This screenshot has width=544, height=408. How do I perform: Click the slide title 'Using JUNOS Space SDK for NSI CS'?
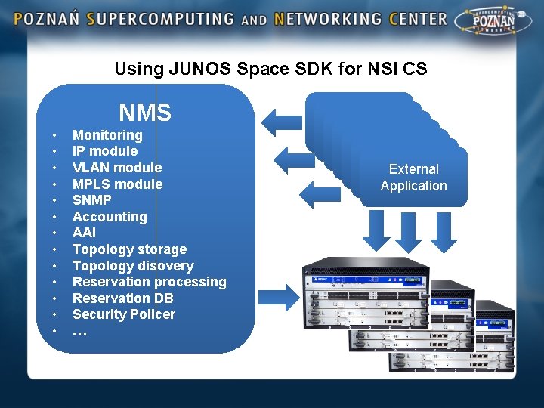coord(270,69)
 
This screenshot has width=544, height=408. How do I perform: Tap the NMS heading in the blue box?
coord(145,113)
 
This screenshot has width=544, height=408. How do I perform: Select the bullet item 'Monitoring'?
coord(107,135)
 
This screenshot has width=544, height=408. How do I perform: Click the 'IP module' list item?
coord(105,151)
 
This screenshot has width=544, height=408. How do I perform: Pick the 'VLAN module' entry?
coord(117,168)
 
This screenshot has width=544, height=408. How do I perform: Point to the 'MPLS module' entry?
coord(117,184)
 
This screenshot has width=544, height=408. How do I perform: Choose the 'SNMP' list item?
coord(91,200)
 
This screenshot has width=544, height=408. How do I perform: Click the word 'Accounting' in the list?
coord(110,217)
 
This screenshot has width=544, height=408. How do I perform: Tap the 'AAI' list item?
coord(84,233)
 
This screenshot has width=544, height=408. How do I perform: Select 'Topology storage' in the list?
coord(129,249)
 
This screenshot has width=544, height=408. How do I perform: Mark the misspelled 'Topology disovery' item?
coord(133,266)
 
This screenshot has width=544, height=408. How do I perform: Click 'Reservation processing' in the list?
coord(149,282)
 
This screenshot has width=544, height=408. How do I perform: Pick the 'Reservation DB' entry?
coord(122,298)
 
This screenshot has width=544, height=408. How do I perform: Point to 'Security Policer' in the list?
coord(123,314)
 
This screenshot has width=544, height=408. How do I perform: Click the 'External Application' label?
coord(413,178)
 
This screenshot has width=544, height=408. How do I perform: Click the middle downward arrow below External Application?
coord(409,232)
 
